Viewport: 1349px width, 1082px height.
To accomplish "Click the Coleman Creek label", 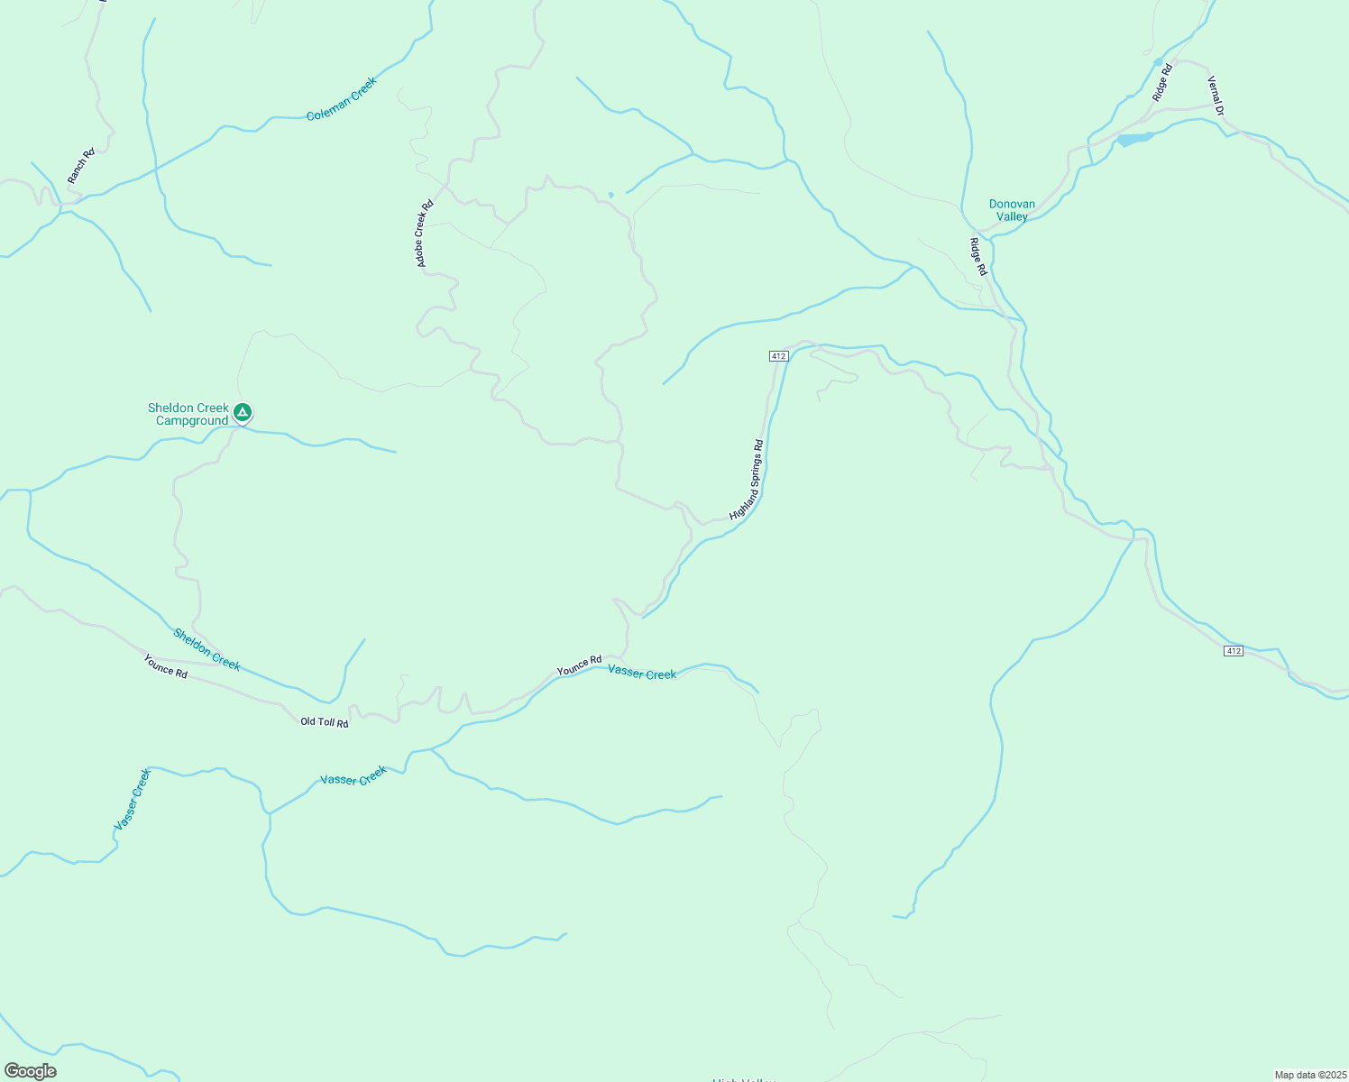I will [341, 99].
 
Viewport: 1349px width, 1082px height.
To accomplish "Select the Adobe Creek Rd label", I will [424, 234].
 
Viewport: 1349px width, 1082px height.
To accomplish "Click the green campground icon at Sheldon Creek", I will [242, 413].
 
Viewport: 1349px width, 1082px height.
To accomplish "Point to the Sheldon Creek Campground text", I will [189, 415].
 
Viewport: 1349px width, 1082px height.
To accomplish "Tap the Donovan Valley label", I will [1012, 210].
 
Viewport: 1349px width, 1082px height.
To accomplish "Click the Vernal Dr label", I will [1216, 96].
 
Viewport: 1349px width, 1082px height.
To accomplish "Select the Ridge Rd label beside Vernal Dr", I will [1161, 81].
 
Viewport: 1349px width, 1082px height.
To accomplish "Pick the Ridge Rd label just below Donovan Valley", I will [978, 256].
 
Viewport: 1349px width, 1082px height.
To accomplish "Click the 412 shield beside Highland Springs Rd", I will [779, 356].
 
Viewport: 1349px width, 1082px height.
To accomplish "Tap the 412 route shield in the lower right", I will [1234, 651].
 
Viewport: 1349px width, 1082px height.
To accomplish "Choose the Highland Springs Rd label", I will [747, 480].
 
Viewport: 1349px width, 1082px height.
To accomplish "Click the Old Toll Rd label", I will [325, 722].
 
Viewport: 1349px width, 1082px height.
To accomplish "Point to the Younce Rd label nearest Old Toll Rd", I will [165, 666].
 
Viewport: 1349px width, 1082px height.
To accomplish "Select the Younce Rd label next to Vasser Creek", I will [579, 665].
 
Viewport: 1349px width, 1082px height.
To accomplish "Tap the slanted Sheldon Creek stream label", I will [207, 649].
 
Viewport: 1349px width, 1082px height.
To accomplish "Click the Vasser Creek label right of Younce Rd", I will [642, 673].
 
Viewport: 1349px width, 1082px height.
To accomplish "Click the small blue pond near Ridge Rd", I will [1134, 139].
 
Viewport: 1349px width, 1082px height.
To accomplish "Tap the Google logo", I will [30, 1071].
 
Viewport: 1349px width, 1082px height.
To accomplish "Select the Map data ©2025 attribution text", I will [1309, 1075].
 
